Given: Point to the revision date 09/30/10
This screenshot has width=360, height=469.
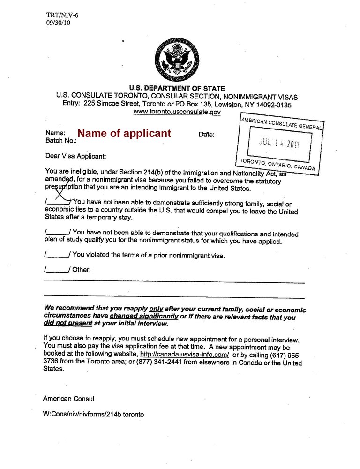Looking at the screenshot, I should pyautogui.click(x=59, y=23).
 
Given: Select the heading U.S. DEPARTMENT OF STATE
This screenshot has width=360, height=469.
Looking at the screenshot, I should pyautogui.click(x=177, y=88).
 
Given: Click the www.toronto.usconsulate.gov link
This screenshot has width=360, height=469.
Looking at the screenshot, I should pyautogui.click(x=177, y=112).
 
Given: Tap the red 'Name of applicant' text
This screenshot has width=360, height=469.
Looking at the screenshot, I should pyautogui.click(x=124, y=133).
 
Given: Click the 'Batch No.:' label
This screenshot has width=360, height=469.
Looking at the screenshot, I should pyautogui.click(x=61, y=141).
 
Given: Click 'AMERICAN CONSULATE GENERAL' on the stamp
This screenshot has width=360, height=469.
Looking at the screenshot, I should pyautogui.click(x=281, y=123).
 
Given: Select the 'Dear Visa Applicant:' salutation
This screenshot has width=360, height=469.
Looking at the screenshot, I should pyautogui.click(x=75, y=156).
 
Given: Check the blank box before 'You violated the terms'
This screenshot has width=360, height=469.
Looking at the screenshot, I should pyautogui.click(x=57, y=255).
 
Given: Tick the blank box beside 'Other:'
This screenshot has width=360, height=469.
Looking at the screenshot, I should pyautogui.click(x=57, y=270).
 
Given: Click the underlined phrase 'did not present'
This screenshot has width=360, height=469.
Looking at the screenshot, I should pyautogui.click(x=67, y=324).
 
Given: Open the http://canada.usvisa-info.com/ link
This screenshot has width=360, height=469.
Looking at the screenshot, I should pyautogui.click(x=184, y=355).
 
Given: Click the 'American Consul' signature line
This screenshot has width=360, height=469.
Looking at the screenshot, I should pyautogui.click(x=69, y=399).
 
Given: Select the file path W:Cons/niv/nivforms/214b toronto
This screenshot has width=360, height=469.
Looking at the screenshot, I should pyautogui.click(x=94, y=415).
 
